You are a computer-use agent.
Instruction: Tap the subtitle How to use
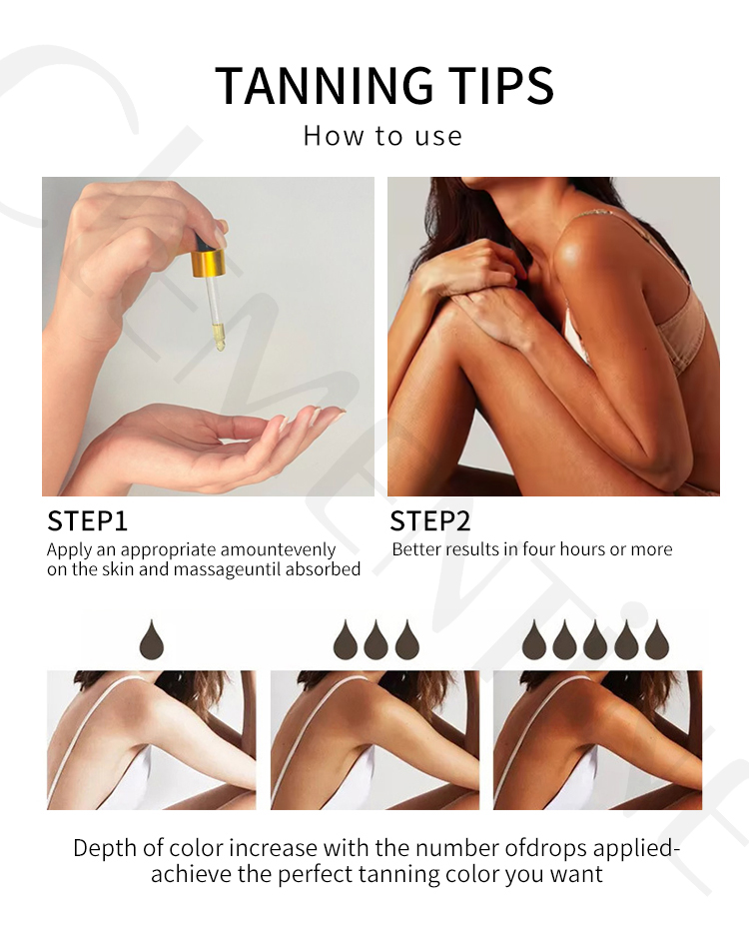pyautogui.click(x=382, y=136)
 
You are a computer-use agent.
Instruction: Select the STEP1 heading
pyautogui.click(x=88, y=521)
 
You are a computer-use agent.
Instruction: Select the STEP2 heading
pyautogui.click(x=429, y=521)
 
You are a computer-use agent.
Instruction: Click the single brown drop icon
pyautogui.click(x=152, y=639)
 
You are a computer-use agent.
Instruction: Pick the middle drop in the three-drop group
pyautogui.click(x=375, y=639)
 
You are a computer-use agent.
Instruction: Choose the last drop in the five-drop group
pyautogui.click(x=656, y=639)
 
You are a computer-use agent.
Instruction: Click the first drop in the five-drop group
pyautogui.click(x=533, y=639)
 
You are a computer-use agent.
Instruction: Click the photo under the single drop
pyautogui.click(x=151, y=739)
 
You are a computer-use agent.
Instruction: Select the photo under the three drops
pyautogui.click(x=374, y=739)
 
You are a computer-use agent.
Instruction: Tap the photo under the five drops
pyautogui.click(x=597, y=739)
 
